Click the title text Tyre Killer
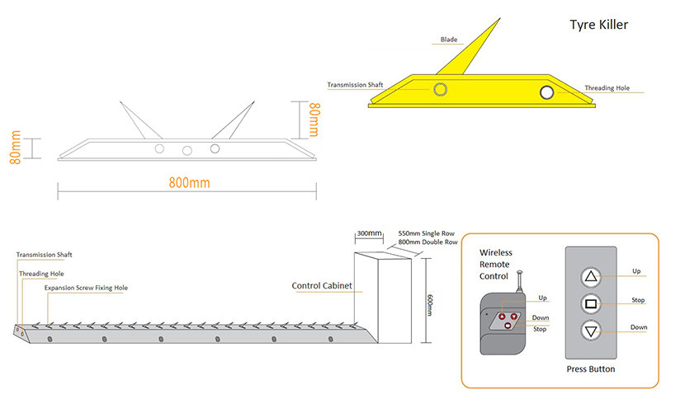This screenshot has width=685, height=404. click(x=598, y=25)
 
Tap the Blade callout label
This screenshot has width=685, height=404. click(x=449, y=40)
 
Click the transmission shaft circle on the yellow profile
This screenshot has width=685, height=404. click(x=440, y=89)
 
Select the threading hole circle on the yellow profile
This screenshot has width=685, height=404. click(x=546, y=92)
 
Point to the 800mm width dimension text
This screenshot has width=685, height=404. click(x=189, y=182)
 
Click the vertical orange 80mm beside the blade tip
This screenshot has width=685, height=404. click(x=314, y=120)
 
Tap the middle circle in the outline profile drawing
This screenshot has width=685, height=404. click(x=187, y=151)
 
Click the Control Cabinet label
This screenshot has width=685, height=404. click(x=322, y=285)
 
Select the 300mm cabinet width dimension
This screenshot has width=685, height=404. click(x=369, y=233)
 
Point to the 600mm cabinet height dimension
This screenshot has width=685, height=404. click(x=430, y=305)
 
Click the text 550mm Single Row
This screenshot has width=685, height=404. click(x=427, y=233)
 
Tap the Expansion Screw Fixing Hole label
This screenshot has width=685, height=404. click(x=86, y=288)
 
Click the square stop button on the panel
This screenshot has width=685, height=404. click(x=591, y=303)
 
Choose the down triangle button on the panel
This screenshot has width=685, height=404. click(x=591, y=331)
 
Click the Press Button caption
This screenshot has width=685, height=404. click(x=591, y=369)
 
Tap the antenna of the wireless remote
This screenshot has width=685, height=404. click(x=520, y=282)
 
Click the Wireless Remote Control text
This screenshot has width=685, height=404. click(x=496, y=264)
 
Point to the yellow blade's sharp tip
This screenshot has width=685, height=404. click(x=499, y=19)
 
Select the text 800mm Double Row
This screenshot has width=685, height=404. click(x=428, y=242)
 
